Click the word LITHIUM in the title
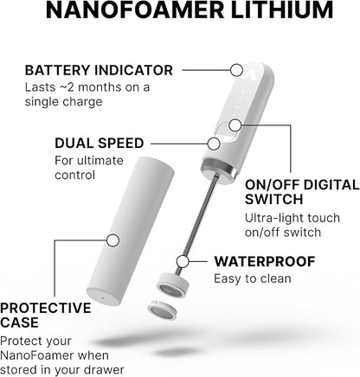277,13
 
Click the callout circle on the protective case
112,240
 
